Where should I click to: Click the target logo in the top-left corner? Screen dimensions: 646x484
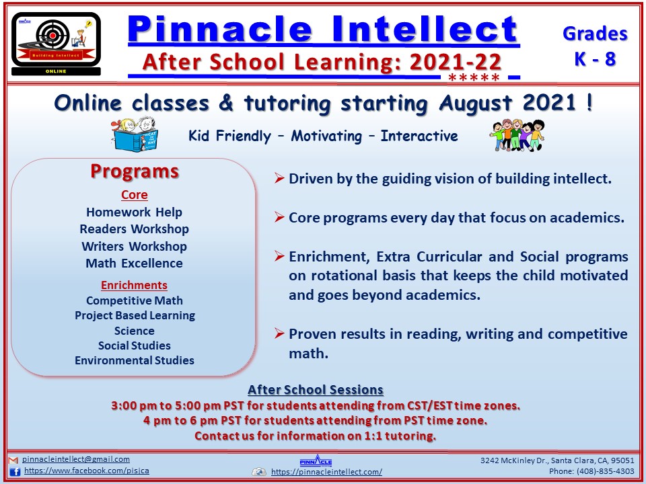click(x=56, y=44)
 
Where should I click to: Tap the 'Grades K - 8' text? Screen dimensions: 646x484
click(x=595, y=46)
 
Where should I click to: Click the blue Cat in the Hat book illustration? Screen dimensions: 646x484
click(x=135, y=135)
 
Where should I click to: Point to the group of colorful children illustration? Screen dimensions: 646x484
click(x=517, y=135)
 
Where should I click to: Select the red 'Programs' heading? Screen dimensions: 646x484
click(x=135, y=171)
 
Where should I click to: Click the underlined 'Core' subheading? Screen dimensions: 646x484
click(x=135, y=195)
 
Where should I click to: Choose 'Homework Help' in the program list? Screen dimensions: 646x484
click(x=135, y=212)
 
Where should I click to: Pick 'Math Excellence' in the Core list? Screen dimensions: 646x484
click(x=135, y=263)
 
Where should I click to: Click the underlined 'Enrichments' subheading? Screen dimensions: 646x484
click(x=135, y=285)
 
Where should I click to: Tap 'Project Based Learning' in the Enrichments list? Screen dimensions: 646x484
click(x=135, y=316)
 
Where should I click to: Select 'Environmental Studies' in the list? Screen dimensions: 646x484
click(x=135, y=360)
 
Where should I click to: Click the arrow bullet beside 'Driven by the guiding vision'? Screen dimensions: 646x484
click(x=279, y=177)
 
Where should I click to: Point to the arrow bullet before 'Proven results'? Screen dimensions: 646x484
click(x=279, y=333)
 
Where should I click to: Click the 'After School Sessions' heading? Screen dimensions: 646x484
click(x=316, y=389)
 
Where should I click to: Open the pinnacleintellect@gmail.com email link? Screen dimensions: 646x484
click(x=76, y=459)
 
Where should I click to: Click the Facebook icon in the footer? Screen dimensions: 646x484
click(x=15, y=472)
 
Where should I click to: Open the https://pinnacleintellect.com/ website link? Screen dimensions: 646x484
click(x=327, y=472)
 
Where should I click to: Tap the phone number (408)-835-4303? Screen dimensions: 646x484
click(x=606, y=471)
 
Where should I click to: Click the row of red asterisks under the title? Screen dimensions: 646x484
click(x=474, y=77)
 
